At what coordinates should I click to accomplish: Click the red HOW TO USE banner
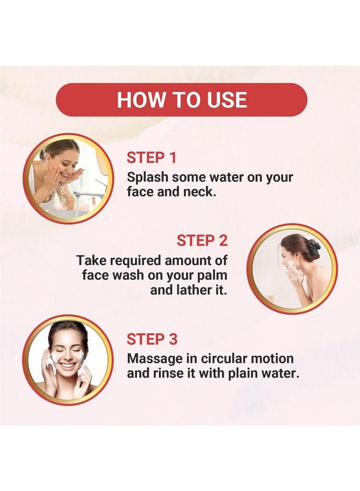[182, 100]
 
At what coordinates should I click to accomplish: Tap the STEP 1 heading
[152, 158]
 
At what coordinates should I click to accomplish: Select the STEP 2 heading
[202, 241]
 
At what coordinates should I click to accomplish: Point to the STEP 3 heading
[152, 339]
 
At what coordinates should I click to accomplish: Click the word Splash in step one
[148, 177]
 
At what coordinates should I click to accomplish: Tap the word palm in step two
[213, 275]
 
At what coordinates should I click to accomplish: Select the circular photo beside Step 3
[69, 360]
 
